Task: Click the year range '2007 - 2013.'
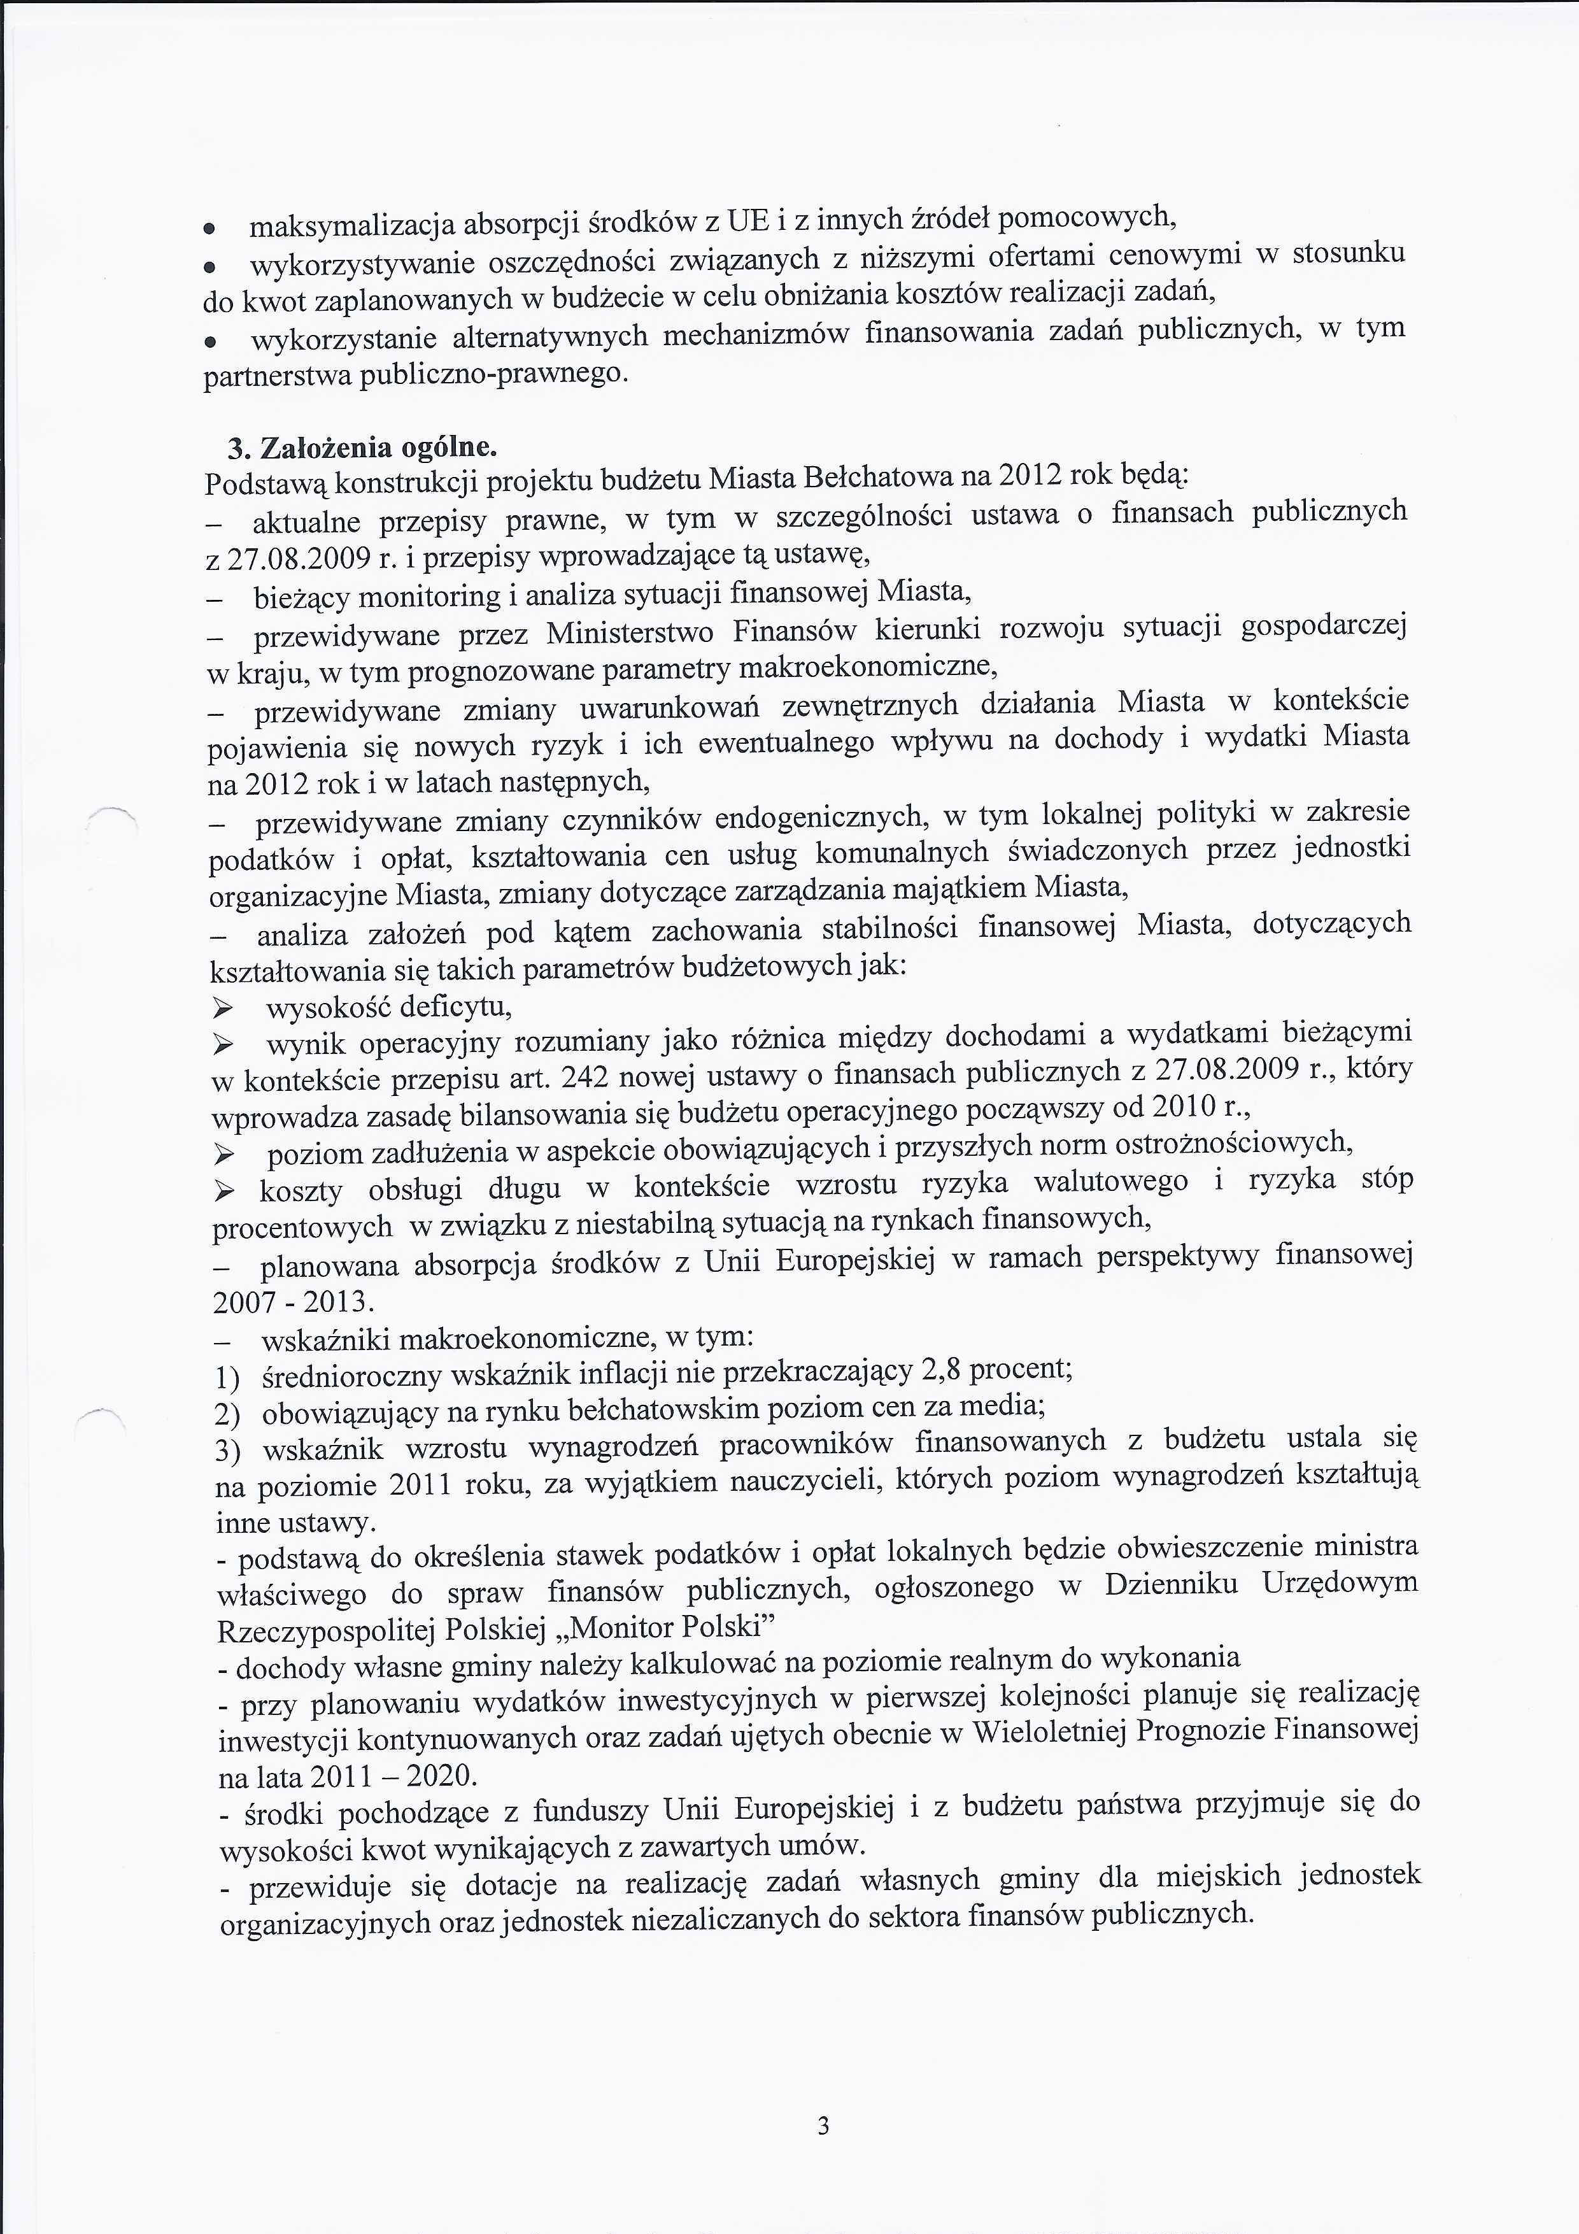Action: point(293,1302)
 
